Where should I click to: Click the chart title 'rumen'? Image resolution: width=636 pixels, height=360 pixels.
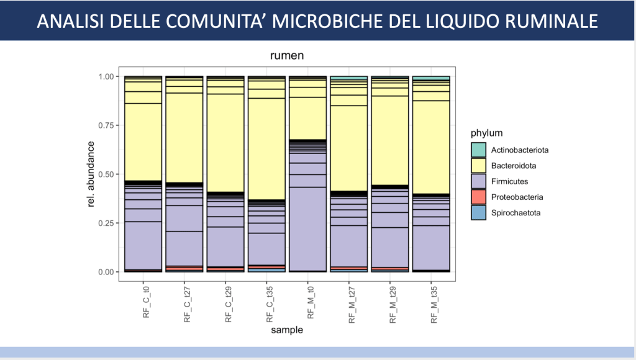pos(286,56)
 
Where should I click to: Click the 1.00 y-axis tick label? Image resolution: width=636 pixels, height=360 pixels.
pos(107,76)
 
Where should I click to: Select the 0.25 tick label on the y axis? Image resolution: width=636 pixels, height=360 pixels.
pos(107,223)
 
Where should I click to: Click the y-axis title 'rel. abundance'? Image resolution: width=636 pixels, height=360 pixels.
pos(91,174)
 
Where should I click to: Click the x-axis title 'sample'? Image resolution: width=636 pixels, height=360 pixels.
pos(286,331)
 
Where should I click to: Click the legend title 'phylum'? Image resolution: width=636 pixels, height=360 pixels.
pos(486,133)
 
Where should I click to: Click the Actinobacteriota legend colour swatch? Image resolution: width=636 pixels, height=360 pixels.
pos(478,150)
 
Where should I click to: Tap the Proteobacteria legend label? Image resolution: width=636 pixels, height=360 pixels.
pos(517,197)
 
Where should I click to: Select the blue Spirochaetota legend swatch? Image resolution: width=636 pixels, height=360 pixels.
pos(478,213)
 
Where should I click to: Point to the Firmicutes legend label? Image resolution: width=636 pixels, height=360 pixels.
pos(509,181)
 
